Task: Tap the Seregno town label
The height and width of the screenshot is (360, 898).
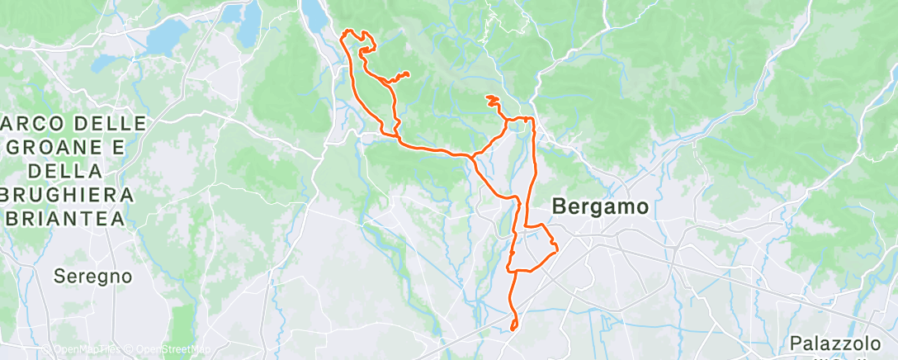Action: click(x=93, y=276)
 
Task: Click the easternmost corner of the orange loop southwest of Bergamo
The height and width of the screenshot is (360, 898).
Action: click(x=558, y=249)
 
